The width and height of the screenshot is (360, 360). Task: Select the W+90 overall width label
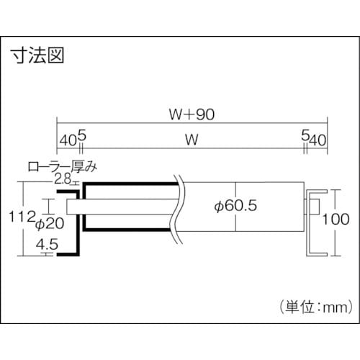tap(191, 114)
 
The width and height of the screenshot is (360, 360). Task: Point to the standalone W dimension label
tap(191, 141)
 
